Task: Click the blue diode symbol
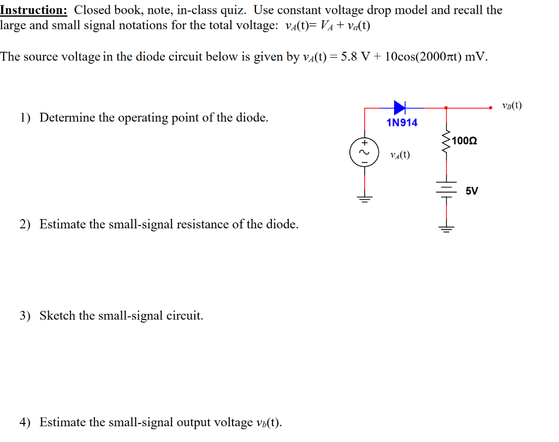point(400,107)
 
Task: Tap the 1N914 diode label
point(402,123)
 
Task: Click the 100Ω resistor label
point(465,141)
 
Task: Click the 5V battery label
point(472,191)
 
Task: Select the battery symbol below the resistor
point(447,188)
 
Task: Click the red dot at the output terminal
point(491,108)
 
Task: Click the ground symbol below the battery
point(447,228)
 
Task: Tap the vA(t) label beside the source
point(400,155)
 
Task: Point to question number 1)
point(26,118)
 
